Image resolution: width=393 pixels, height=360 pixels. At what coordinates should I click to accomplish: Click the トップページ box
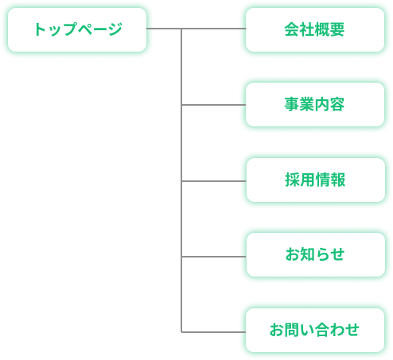click(x=77, y=29)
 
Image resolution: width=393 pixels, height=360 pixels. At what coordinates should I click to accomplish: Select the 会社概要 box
click(x=315, y=29)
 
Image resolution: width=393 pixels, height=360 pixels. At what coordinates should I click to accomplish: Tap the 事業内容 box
click(x=315, y=104)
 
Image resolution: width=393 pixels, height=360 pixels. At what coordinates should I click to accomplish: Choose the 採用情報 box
click(x=315, y=180)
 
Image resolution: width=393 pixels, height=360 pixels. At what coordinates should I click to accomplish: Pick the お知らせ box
click(x=315, y=254)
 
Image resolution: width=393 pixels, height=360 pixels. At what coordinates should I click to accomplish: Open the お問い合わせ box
click(x=315, y=330)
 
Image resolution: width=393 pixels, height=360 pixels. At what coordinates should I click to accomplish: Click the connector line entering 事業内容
click(x=213, y=105)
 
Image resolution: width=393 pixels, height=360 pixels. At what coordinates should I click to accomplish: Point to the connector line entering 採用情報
click(x=214, y=181)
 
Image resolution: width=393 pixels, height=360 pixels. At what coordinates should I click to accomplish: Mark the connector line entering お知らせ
click(x=214, y=257)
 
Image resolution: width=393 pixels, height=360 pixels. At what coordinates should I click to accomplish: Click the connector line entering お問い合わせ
click(x=213, y=332)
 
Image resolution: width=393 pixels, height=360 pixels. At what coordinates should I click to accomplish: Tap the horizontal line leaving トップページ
click(x=196, y=29)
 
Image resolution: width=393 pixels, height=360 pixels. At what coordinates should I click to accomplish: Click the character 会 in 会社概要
click(x=292, y=29)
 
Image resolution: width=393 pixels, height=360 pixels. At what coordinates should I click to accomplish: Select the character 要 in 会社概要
click(x=337, y=29)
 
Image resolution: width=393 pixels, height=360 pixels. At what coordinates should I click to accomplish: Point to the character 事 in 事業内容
click(x=292, y=104)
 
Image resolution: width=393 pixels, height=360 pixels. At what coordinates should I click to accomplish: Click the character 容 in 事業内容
click(x=337, y=104)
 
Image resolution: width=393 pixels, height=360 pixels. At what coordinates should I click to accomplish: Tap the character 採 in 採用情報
click(x=293, y=180)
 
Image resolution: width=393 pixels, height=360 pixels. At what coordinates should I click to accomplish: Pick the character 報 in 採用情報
click(x=338, y=180)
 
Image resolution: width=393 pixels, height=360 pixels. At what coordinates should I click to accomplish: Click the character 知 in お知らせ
click(x=308, y=254)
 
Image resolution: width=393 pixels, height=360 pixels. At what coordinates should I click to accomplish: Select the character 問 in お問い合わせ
click(x=293, y=330)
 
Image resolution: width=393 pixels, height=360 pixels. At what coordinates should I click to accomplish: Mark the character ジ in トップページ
click(x=115, y=29)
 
